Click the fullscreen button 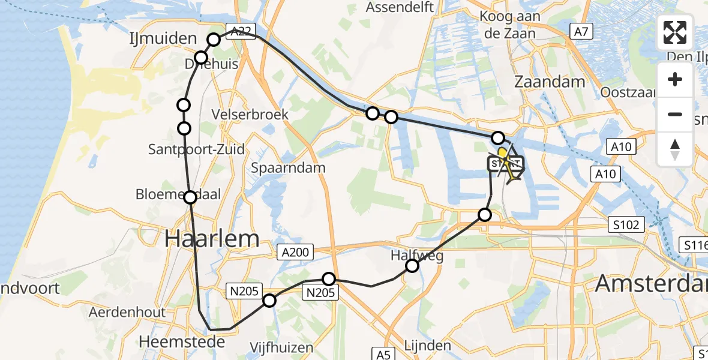(675, 32)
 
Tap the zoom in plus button (675, 80)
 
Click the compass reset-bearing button (675, 149)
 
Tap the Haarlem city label (212, 239)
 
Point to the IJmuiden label (163, 39)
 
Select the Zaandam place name (550, 82)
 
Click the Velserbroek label (250, 114)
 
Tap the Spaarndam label (289, 167)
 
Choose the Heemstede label (182, 342)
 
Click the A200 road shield (294, 253)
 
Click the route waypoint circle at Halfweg (412, 266)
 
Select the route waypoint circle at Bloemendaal (190, 197)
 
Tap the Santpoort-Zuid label (197, 149)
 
